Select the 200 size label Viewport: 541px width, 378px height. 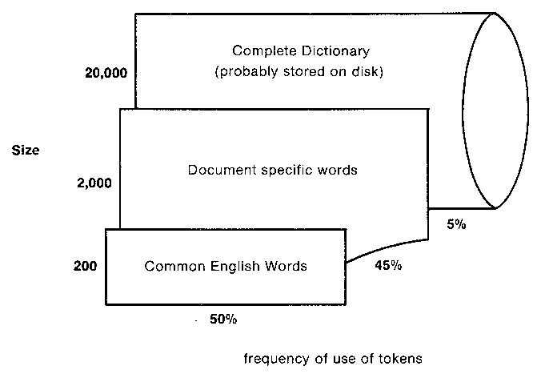(85, 264)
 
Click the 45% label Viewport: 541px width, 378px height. (387, 267)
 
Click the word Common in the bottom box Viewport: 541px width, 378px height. (170, 266)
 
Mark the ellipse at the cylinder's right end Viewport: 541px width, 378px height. (495, 111)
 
